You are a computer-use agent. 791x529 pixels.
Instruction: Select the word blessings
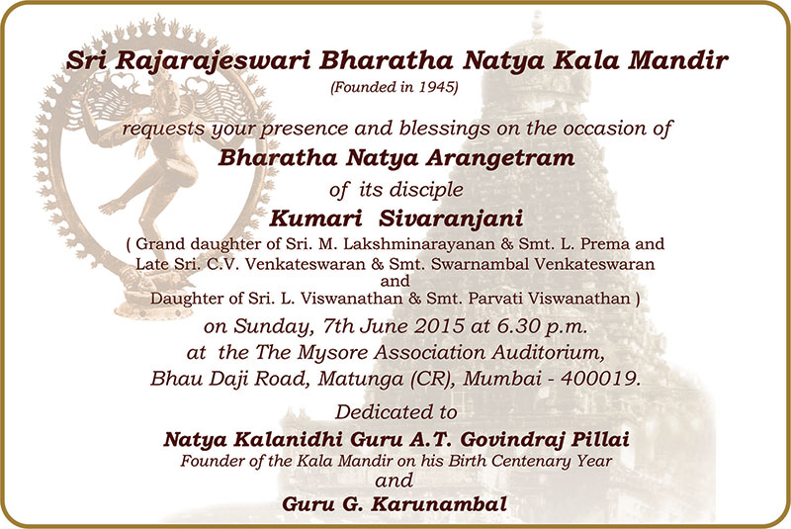pos(444,130)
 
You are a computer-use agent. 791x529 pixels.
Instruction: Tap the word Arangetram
pos(500,158)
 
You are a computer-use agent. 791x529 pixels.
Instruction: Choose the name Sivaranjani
pos(451,220)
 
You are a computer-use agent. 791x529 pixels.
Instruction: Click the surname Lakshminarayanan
pos(419,244)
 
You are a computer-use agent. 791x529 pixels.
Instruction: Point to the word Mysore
pos(328,353)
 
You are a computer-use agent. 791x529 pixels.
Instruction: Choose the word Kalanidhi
pos(296,440)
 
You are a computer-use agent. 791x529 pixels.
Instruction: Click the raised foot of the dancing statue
pos(112,207)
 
